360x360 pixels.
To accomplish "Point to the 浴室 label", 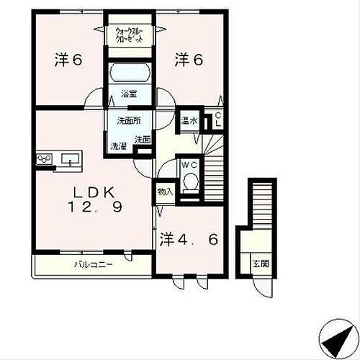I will [129, 94].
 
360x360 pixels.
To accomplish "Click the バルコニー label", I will [91, 265].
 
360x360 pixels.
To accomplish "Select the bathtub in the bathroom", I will [130, 73].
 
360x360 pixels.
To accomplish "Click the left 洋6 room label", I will [67, 61].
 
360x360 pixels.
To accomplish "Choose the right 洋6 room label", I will [188, 61].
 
